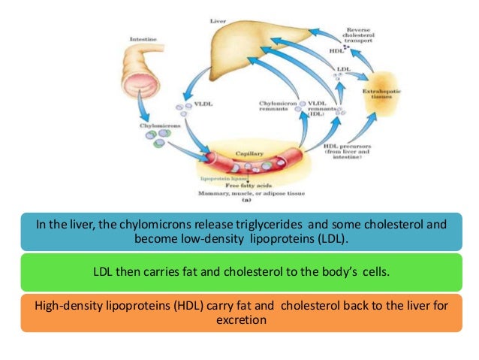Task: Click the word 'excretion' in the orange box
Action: [239, 319]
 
